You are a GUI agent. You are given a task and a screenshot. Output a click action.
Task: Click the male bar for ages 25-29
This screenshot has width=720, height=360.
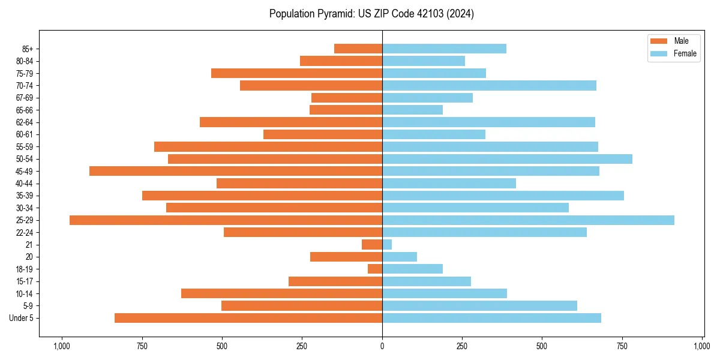(x=226, y=220)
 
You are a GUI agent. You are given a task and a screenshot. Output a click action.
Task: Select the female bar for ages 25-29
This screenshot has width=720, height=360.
(x=528, y=220)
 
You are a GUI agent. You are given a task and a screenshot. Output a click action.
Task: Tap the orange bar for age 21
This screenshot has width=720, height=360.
(x=372, y=245)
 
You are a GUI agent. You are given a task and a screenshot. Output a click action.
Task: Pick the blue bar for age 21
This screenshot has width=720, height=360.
(x=387, y=245)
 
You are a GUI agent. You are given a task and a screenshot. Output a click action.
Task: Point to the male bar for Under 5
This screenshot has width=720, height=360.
(x=248, y=318)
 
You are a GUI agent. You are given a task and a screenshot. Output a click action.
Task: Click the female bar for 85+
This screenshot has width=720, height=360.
(x=444, y=49)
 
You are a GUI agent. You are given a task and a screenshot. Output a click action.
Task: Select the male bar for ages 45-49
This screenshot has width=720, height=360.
(x=236, y=171)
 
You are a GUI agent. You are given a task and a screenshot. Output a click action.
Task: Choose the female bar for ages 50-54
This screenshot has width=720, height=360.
(x=507, y=159)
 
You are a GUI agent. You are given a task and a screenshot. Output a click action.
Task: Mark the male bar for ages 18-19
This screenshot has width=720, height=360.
(x=375, y=269)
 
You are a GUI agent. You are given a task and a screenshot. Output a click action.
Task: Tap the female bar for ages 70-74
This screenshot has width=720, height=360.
(x=489, y=86)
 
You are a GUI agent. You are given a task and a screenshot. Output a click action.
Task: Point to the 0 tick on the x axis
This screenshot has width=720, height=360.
(x=382, y=346)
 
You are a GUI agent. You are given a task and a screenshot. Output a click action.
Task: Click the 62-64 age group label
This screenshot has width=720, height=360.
(x=24, y=122)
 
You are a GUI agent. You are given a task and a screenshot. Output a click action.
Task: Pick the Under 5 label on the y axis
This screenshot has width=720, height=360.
(x=22, y=318)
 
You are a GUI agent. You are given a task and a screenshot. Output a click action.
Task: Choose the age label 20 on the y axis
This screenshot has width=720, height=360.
(x=29, y=257)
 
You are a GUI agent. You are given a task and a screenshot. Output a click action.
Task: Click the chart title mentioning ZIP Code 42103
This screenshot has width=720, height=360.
(x=371, y=14)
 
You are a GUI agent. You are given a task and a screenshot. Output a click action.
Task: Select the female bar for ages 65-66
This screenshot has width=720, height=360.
(x=412, y=110)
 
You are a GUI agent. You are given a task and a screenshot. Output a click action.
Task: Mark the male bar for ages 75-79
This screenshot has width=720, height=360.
(x=296, y=73)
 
